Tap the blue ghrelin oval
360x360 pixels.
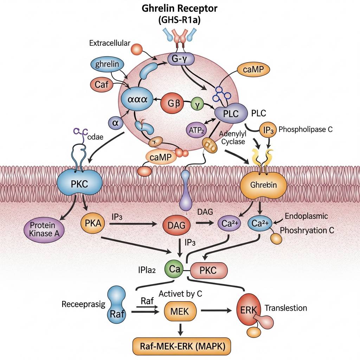coord(110,65)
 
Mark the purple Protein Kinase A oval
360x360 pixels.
coord(41,230)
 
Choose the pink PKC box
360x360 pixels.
coord(209,270)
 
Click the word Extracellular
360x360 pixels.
coord(109,44)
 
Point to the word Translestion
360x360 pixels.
coord(286,308)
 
